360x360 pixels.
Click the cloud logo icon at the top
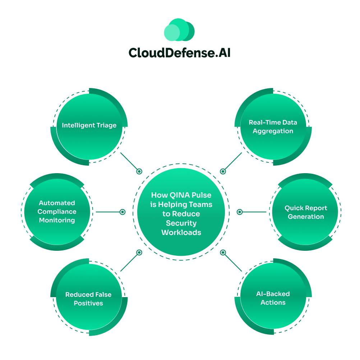179,29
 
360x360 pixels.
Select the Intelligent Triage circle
89,126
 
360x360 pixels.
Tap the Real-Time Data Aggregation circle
273,126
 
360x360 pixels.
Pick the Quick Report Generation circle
306,212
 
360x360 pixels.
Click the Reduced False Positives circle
88,299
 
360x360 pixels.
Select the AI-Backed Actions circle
273,298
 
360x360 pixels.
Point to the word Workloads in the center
181,232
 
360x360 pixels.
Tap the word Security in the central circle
181,223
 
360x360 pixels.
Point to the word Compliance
57,212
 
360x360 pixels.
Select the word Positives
88,303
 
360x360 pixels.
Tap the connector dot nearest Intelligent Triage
139,171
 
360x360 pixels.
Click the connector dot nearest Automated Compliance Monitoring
122,212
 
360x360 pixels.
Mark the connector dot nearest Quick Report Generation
240,212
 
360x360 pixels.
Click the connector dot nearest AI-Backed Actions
223,253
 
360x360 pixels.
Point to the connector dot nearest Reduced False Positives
139,253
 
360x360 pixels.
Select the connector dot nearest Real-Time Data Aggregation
223,171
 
